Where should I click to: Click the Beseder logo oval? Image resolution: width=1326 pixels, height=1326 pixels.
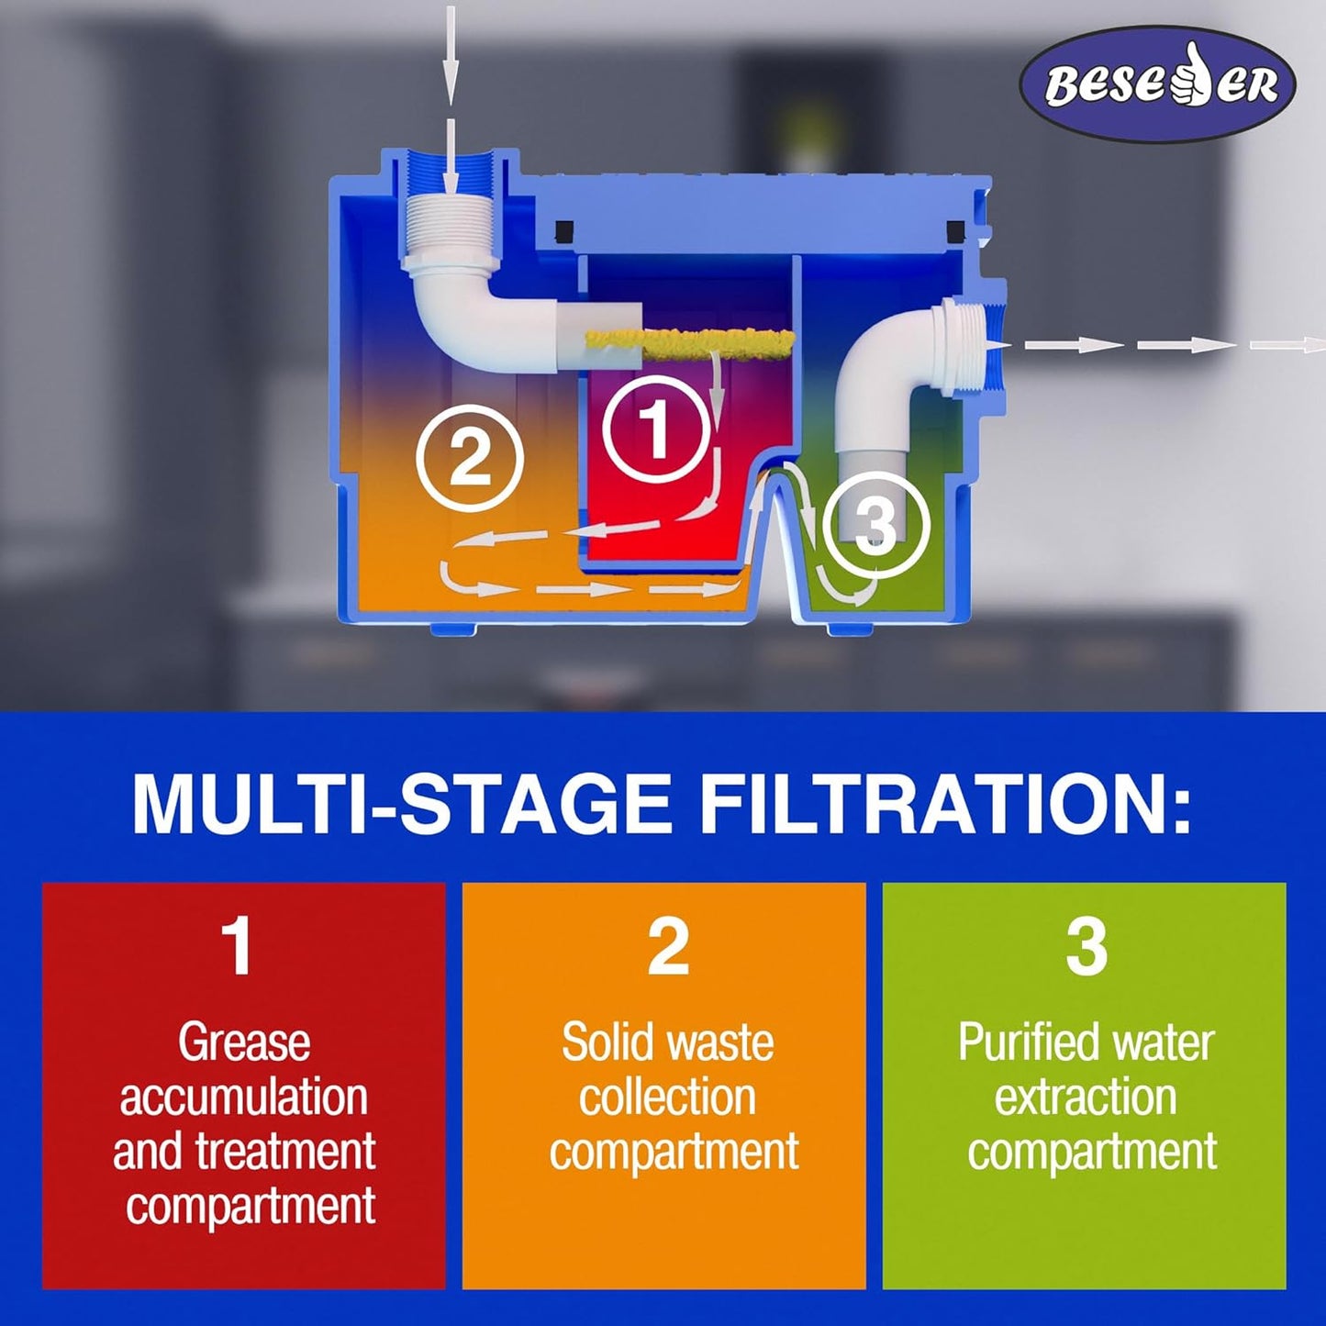[1157, 84]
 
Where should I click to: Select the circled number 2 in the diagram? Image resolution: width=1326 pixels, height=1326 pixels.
[470, 458]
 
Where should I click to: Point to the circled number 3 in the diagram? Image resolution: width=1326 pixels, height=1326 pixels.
[876, 528]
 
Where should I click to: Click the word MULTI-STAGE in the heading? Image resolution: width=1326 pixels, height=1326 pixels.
[401, 803]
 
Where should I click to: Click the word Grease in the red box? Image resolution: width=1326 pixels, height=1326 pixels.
[243, 1043]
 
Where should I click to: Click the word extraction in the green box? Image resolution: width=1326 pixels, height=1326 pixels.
[1085, 1097]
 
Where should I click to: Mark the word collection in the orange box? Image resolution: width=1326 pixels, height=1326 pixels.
[667, 1097]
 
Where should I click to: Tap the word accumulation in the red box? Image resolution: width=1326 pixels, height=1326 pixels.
[243, 1097]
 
